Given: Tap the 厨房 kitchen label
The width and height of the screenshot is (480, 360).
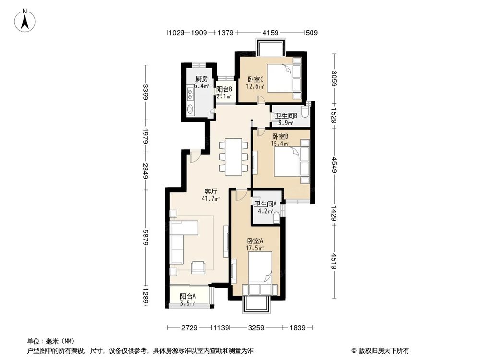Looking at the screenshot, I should pyautogui.click(x=202, y=83).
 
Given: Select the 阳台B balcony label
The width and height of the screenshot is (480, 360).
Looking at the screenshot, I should pyautogui.click(x=224, y=93).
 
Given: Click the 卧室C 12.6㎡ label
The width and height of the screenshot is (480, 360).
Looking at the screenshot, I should pyautogui.click(x=255, y=83).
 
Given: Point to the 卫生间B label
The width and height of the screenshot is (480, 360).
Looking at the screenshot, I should pyautogui.click(x=286, y=119).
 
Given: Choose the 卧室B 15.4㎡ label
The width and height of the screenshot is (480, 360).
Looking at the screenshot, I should pyautogui.click(x=280, y=140).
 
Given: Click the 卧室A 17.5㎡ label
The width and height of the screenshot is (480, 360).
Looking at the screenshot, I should pyautogui.click(x=255, y=244).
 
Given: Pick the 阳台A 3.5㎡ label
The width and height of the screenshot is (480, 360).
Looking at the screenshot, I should pyautogui.click(x=188, y=300).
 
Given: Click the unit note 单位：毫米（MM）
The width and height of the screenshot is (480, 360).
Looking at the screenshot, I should pyautogui.click(x=49, y=341).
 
